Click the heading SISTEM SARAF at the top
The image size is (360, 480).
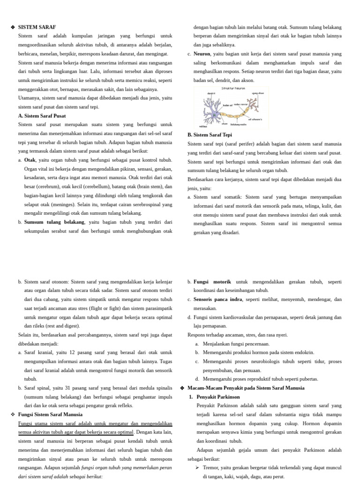coord(34,27)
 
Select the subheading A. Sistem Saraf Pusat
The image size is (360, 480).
coord(42,116)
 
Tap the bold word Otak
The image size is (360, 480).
coord(30,160)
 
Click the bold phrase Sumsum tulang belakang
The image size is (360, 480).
coord(54,222)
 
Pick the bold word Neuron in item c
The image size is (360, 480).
coord(202,54)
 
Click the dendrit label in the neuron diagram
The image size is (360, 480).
coord(211,93)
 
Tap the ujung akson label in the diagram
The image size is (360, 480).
coord(258,93)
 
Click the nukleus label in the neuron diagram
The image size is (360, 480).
coord(203,126)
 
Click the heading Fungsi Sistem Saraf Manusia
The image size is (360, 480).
coord(50,414)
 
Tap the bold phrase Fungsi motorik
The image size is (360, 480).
coord(212,282)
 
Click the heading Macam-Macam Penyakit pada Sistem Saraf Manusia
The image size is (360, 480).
coord(246,388)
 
